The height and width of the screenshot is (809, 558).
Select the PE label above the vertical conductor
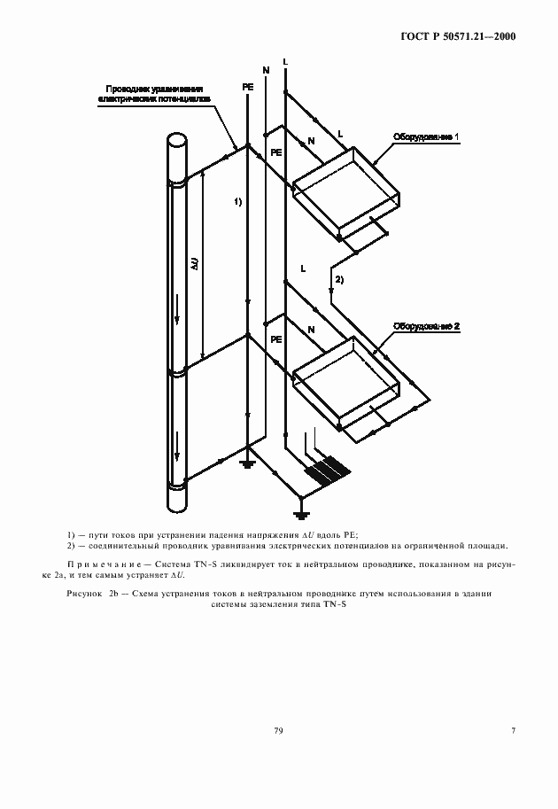click(247, 88)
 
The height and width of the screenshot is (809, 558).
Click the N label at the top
click(265, 68)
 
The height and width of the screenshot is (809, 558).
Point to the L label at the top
click(284, 61)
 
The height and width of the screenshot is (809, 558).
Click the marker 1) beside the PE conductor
click(237, 202)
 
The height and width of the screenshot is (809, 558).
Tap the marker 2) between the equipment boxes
click(338, 280)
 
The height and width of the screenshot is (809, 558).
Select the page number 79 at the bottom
click(278, 730)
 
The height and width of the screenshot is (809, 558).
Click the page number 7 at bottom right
click(513, 730)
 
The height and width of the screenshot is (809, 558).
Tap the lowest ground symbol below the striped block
click(301, 514)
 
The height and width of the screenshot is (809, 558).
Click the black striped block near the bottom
click(325, 470)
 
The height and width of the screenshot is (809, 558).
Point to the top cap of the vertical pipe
click(176, 141)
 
